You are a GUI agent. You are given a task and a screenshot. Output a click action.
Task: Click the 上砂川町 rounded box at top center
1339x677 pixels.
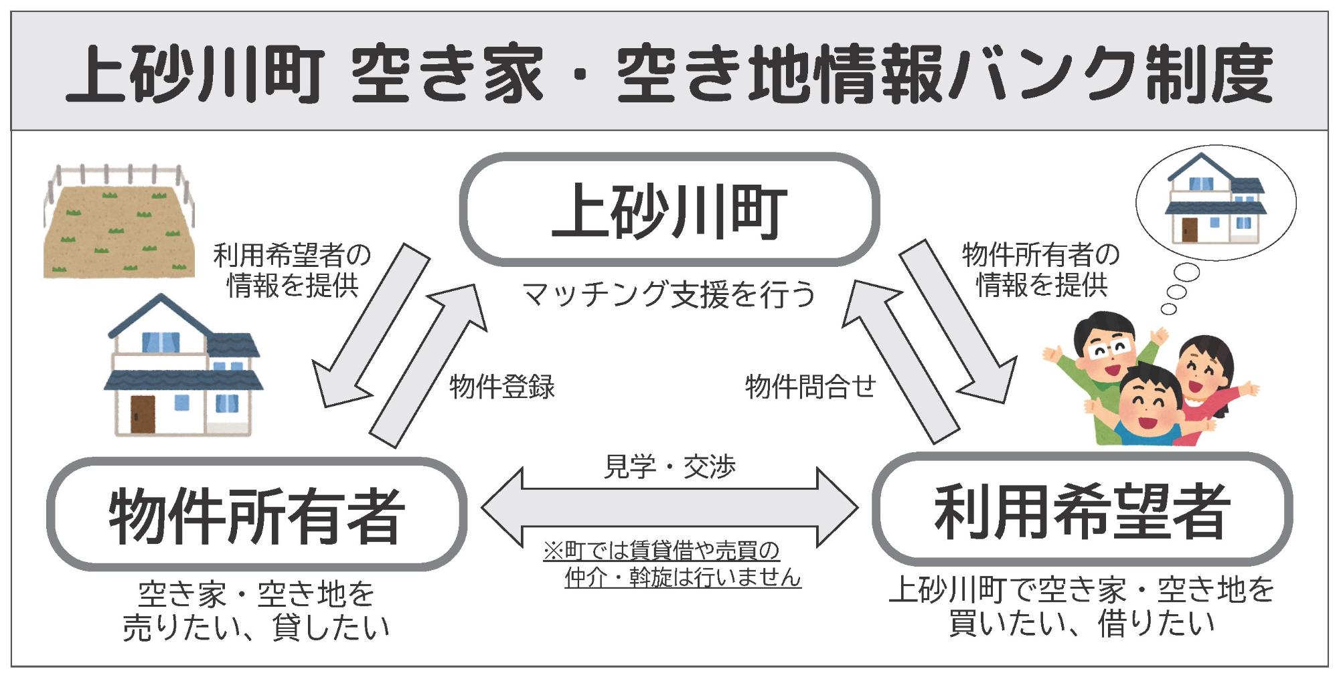click(669, 209)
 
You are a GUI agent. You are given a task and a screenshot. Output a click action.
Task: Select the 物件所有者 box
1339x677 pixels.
click(256, 514)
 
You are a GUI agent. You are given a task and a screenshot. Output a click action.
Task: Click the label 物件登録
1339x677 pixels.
click(502, 387)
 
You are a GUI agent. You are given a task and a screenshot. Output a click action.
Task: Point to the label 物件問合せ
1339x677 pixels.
click(811, 386)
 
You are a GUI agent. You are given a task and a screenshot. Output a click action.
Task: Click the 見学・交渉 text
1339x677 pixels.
click(669, 466)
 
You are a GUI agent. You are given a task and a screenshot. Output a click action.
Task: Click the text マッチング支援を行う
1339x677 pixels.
click(669, 294)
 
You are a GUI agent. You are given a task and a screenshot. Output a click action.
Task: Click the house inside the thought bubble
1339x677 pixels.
click(1215, 201)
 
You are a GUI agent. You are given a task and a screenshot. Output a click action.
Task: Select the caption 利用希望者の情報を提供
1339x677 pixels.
click(292, 270)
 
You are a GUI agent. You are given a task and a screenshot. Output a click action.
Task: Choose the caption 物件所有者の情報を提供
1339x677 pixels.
click(1041, 270)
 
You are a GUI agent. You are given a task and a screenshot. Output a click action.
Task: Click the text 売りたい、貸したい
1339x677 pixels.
click(256, 627)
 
